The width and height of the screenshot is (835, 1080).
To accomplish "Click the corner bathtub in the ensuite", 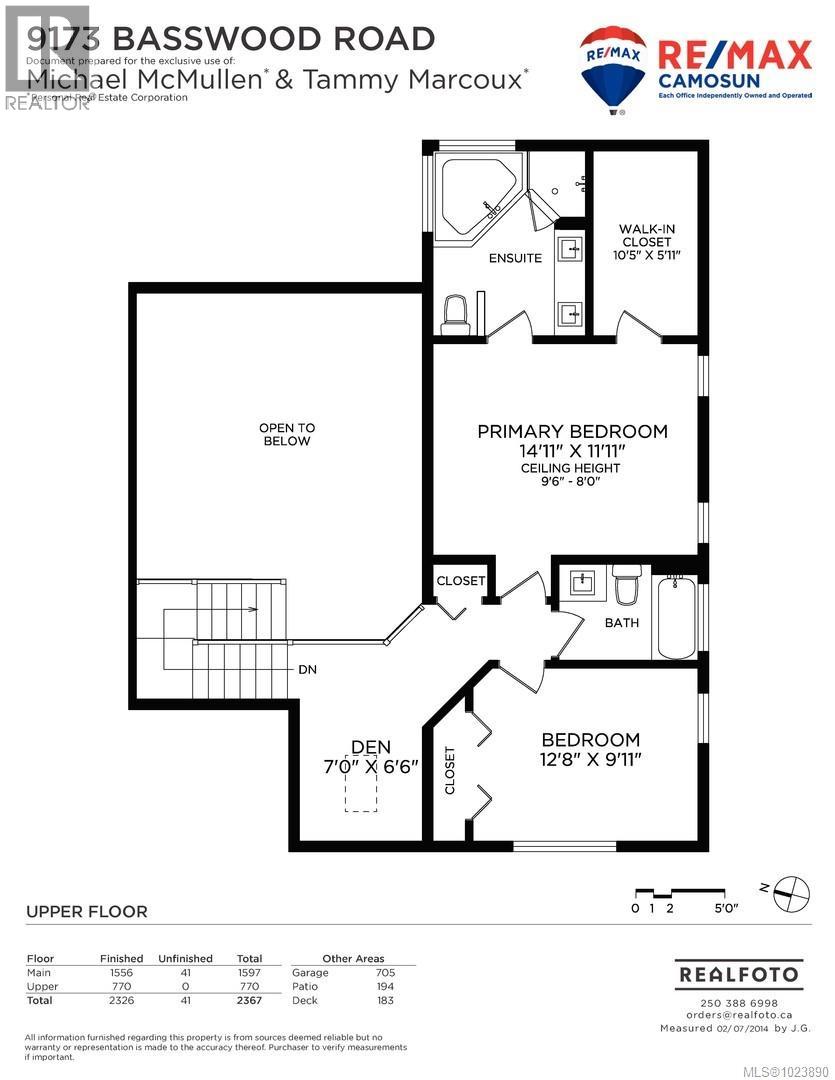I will [x=476, y=197].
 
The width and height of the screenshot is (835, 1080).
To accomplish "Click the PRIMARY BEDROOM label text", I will [x=572, y=431].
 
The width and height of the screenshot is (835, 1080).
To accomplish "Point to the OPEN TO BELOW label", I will [x=286, y=434].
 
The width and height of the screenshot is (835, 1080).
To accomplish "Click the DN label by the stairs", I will [x=307, y=669].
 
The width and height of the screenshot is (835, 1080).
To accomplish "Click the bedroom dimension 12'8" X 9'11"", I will [x=590, y=759].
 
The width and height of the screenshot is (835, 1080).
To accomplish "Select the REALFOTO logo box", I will [x=739, y=973].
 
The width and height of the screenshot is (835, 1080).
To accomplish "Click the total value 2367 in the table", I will [x=249, y=1000].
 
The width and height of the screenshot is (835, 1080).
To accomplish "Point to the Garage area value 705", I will [x=384, y=972].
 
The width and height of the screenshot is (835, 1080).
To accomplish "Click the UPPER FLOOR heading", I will [x=86, y=911].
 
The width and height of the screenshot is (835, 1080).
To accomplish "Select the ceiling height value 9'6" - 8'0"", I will [x=570, y=481].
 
